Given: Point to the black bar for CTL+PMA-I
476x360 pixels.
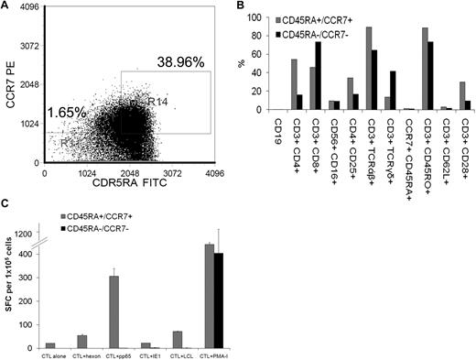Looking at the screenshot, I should point(216,298).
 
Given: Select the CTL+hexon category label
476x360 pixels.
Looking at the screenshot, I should point(81,352).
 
